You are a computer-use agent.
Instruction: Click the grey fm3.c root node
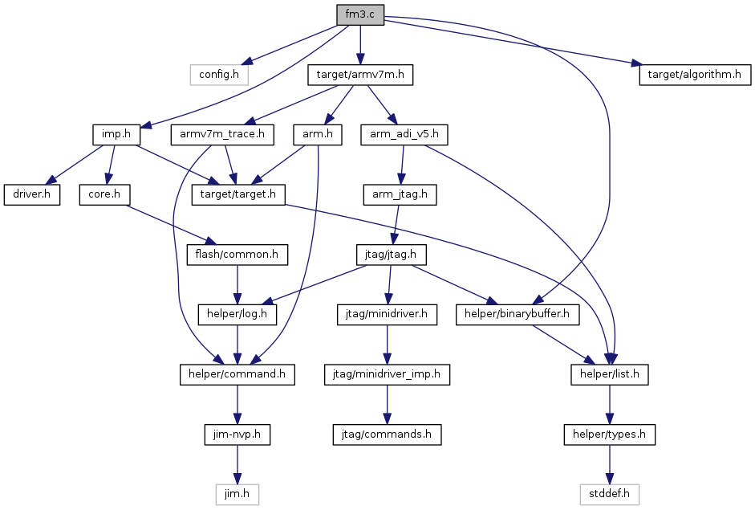tap(360, 14)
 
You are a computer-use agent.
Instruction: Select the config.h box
tap(219, 75)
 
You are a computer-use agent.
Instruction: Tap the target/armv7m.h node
tap(360, 75)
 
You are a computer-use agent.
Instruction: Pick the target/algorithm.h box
tap(695, 75)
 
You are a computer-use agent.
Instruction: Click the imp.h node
tap(116, 134)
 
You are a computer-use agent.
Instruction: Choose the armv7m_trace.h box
tap(222, 134)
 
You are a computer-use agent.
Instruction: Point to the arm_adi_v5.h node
tap(404, 134)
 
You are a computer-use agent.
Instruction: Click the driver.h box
tap(32, 194)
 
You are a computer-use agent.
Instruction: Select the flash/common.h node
tap(237, 254)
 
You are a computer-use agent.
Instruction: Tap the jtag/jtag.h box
tap(391, 254)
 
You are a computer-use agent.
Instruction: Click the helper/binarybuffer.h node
tap(518, 314)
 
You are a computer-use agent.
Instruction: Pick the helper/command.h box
tap(237, 374)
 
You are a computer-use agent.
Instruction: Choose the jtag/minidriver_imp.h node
tap(388, 374)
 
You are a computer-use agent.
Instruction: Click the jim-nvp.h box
tap(237, 435)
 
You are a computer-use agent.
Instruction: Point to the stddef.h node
tap(610, 494)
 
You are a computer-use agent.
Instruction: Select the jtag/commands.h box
tap(388, 435)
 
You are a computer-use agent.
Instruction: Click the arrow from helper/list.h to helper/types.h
tap(610, 405)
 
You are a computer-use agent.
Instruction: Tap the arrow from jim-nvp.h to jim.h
tap(237, 464)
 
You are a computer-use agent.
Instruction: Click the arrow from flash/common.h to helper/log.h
tap(237, 284)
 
